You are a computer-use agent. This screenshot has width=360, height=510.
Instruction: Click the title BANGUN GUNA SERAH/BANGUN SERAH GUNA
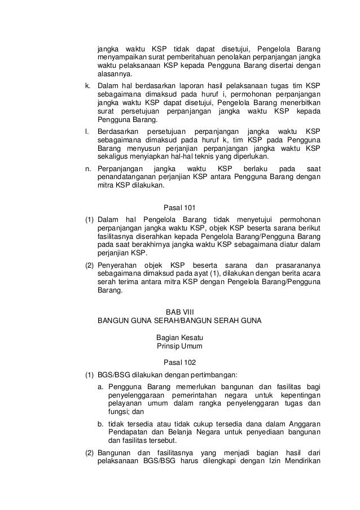(179, 320)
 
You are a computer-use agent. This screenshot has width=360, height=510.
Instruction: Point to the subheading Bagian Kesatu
(179, 337)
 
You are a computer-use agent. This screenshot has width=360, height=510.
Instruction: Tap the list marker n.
(87, 169)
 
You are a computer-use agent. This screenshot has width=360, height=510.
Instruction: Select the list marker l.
(86, 131)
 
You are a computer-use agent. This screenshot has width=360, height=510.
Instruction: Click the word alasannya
(115, 73)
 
